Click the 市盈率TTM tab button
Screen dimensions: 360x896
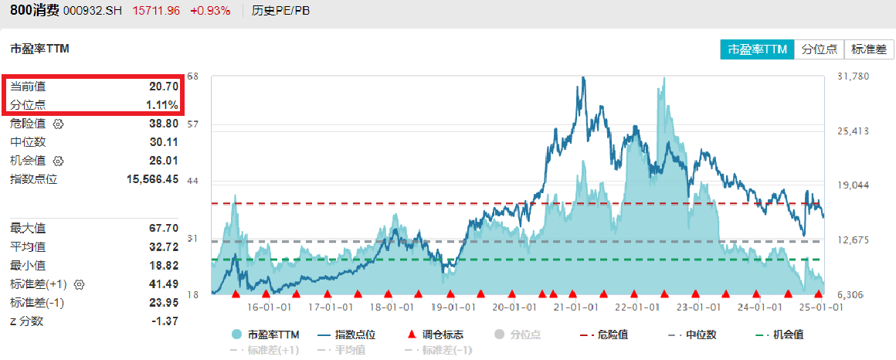[757, 49]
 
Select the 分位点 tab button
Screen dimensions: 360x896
[819, 49]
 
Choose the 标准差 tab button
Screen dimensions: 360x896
[868, 49]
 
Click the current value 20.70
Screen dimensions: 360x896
[164, 87]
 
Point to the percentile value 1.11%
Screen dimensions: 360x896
[162, 105]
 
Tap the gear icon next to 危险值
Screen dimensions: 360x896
[57, 124]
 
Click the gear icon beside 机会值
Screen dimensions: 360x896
[57, 161]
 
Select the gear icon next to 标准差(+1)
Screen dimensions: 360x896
[78, 284]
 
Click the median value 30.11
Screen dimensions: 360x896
[164, 142]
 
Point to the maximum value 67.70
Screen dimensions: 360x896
[164, 228]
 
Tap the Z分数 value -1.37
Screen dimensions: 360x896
[163, 321]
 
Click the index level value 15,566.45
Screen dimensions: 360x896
[153, 179]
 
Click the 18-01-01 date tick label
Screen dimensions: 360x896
[389, 307]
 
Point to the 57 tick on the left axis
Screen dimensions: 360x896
[193, 124]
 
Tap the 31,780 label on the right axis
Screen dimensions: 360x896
[853, 76]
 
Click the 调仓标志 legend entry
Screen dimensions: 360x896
[436, 335]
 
